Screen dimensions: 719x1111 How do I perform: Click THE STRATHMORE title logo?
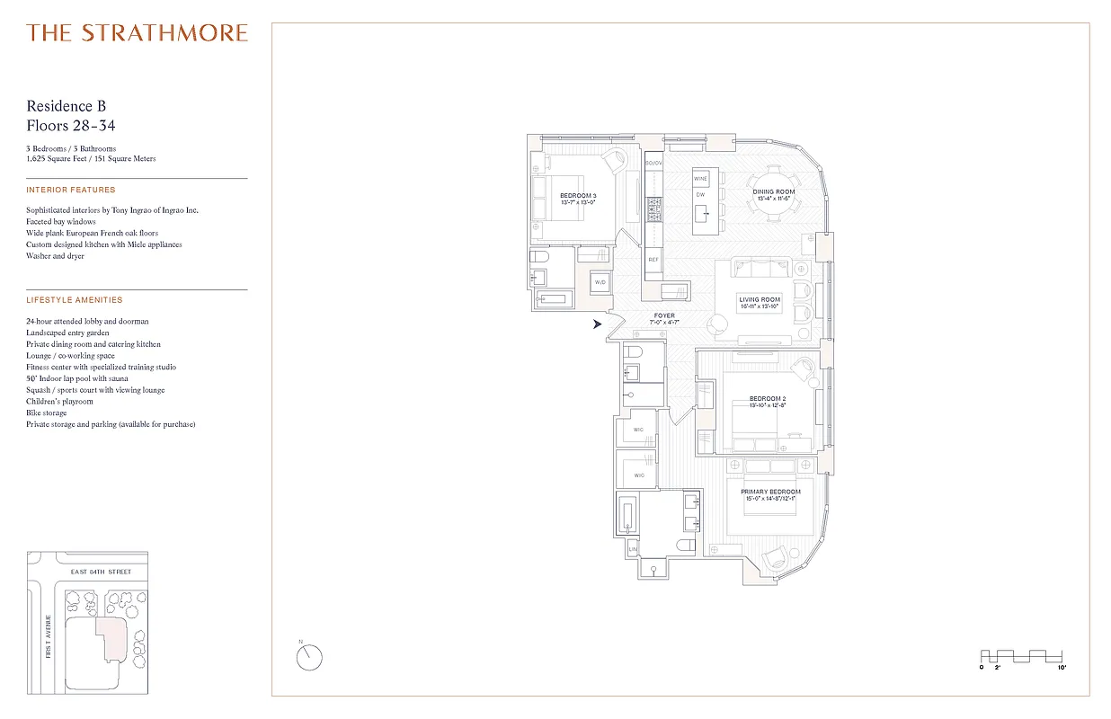[x=137, y=33]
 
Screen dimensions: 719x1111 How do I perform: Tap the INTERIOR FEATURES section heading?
[x=71, y=191]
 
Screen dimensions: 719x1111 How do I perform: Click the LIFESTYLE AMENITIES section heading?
[x=75, y=300]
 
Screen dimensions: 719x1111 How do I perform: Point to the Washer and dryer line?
[x=56, y=256]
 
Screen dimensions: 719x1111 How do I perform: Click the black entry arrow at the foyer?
[x=597, y=324]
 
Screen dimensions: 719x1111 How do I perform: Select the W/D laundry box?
[x=600, y=283]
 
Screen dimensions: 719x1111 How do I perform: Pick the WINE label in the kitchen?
[x=700, y=179]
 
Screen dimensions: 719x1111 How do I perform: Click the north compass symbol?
[x=308, y=658]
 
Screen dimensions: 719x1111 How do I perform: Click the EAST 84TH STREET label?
[x=102, y=572]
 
